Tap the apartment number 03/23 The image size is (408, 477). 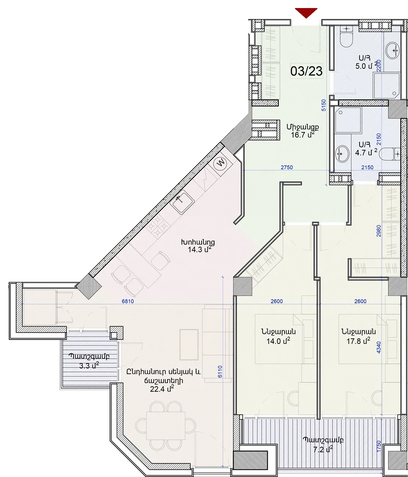[306, 71]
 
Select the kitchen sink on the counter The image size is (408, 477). [182, 202]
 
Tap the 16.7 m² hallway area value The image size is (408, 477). [303, 135]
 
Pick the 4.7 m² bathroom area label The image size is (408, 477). [366, 153]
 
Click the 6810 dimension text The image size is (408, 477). [128, 301]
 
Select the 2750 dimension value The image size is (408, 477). [287, 168]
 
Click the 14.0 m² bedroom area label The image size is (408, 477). [278, 341]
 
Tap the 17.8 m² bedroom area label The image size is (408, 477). [358, 341]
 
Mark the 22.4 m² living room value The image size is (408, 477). [162, 389]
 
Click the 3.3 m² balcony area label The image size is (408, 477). [89, 366]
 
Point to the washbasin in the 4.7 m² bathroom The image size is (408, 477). [342, 154]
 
